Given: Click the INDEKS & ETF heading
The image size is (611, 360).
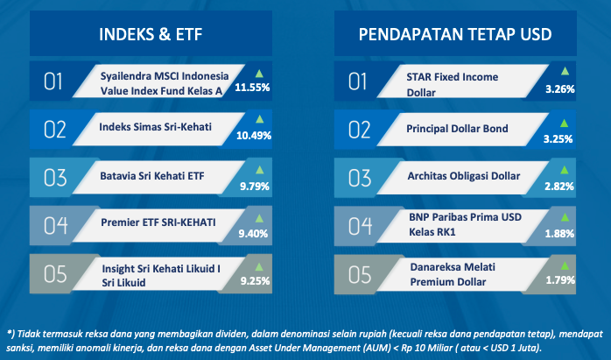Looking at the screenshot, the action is [x=151, y=34].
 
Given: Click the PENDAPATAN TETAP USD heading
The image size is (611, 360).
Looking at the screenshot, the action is [x=455, y=34].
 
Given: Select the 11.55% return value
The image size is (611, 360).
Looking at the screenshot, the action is [x=252, y=88].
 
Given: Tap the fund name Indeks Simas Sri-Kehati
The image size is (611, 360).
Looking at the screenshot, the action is [x=155, y=127].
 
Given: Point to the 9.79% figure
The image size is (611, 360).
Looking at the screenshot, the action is [x=255, y=187].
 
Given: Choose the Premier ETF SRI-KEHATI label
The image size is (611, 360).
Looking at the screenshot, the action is [x=158, y=222].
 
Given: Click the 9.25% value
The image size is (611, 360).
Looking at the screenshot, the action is [x=255, y=281].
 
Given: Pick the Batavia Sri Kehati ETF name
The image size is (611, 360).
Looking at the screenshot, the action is [x=152, y=176].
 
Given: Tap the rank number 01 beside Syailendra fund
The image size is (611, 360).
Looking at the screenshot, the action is [x=53, y=82].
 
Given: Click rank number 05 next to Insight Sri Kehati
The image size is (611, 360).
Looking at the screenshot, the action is [x=55, y=274].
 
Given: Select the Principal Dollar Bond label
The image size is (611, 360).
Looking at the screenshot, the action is [x=457, y=129].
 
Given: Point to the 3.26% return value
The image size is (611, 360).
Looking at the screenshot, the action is [x=560, y=89].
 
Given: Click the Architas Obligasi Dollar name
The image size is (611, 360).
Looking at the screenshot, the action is [x=464, y=176].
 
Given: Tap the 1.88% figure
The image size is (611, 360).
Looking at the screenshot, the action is [x=559, y=234].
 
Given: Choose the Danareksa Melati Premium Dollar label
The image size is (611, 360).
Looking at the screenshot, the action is [x=453, y=274].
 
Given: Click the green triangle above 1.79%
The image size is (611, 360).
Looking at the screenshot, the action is [x=565, y=266].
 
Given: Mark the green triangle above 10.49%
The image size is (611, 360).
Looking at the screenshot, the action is [x=259, y=119].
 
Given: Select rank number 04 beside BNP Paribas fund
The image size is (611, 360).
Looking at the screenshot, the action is [x=360, y=226].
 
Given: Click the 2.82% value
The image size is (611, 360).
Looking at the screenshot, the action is [x=559, y=187].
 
